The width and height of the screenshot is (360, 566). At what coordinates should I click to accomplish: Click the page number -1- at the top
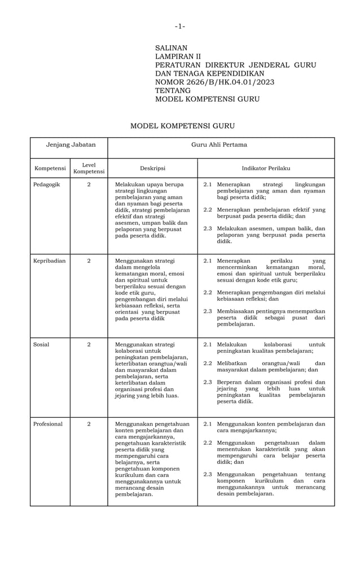179,26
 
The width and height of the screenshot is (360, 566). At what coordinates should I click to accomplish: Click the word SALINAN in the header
171,49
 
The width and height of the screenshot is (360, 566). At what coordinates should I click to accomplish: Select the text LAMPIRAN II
178,57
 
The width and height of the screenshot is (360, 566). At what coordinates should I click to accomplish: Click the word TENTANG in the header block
173,91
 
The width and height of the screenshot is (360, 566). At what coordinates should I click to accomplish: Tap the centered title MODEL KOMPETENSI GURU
182,126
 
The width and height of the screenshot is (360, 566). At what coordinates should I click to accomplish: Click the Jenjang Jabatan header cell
71,145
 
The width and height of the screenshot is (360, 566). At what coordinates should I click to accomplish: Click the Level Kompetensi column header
89,168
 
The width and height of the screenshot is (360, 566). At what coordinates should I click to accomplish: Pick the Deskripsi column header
152,168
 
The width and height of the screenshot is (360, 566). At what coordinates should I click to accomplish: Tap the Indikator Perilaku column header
266,168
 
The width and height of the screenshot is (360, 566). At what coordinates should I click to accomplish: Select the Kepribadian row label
50,261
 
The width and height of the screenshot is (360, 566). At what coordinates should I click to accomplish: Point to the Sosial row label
41,344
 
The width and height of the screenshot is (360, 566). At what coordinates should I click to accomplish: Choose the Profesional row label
48,424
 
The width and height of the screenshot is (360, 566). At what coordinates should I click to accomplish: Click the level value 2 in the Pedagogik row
89,185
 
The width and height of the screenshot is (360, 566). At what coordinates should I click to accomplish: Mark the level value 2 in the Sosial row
89,344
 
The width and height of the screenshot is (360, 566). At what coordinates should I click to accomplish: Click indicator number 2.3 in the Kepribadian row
208,311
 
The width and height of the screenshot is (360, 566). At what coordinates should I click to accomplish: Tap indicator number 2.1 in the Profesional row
208,424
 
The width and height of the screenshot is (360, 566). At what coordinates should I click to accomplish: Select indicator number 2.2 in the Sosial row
208,363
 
